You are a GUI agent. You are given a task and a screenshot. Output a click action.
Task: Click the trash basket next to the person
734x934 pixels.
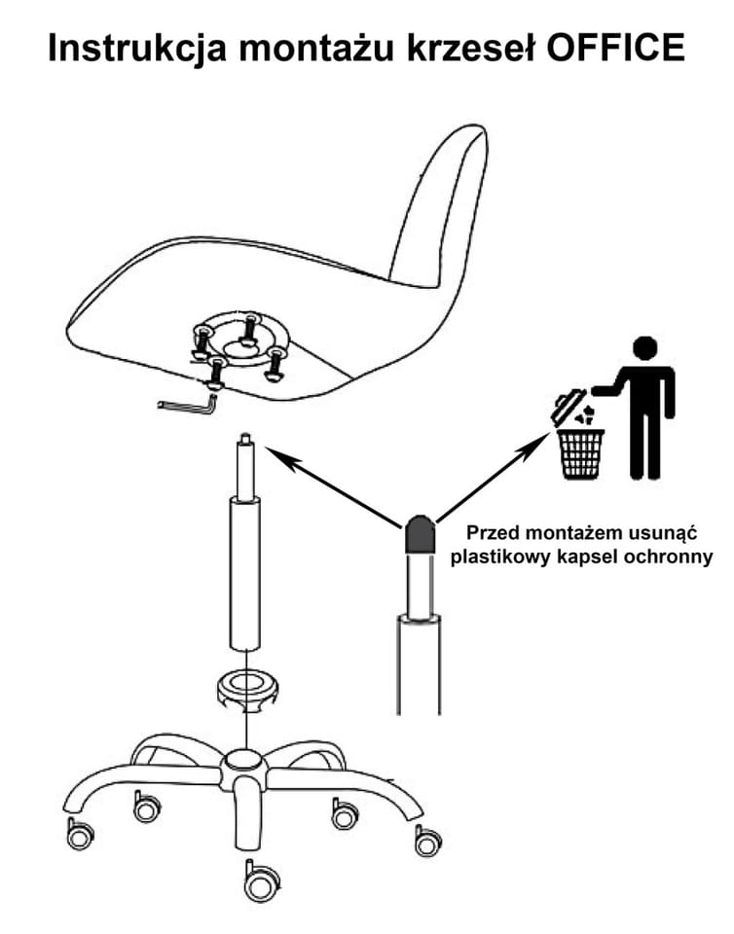pyautogui.click(x=580, y=451)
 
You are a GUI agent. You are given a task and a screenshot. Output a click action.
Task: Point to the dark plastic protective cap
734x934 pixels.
pyautogui.click(x=421, y=534)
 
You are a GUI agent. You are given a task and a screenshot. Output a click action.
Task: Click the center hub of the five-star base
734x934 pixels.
pyautogui.click(x=240, y=766)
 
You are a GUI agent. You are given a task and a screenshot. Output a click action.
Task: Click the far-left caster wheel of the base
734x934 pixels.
pyautogui.click(x=79, y=834)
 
